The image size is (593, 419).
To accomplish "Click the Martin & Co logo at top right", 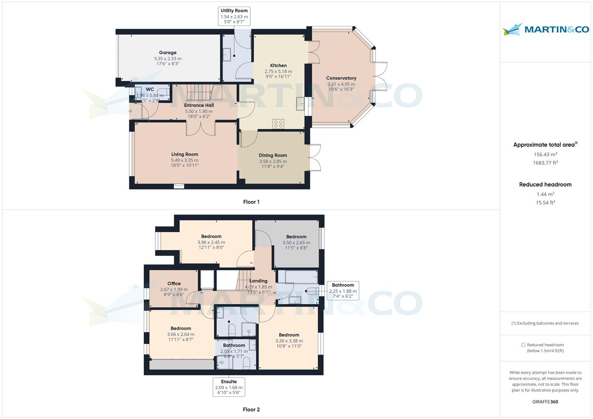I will [545, 29].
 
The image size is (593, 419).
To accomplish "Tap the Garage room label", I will [167, 53].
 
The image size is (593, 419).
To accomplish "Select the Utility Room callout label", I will [234, 16].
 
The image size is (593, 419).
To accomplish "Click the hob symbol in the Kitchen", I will [278, 124].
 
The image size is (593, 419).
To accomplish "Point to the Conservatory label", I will [341, 78].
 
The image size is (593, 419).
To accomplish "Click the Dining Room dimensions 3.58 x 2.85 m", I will [273, 161].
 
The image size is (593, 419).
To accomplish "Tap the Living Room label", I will [184, 154].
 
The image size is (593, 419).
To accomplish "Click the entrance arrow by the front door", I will [130, 112].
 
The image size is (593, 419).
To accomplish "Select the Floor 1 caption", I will [251, 202].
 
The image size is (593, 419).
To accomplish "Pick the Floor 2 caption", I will [251, 409].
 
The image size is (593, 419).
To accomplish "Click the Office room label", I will [174, 284].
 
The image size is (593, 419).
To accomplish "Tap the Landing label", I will [258, 281].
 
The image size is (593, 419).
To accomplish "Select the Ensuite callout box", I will [229, 387].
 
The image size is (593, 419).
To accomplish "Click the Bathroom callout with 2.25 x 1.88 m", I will [343, 291].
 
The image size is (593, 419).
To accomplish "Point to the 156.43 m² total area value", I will [545, 154].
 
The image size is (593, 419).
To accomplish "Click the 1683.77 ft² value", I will [545, 163].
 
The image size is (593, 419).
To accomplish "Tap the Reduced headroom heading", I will [545, 185].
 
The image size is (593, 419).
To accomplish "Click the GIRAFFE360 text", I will [545, 402].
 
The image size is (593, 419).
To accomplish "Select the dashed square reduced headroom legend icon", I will [523, 345].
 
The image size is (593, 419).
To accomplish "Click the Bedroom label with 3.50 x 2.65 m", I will [296, 237].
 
